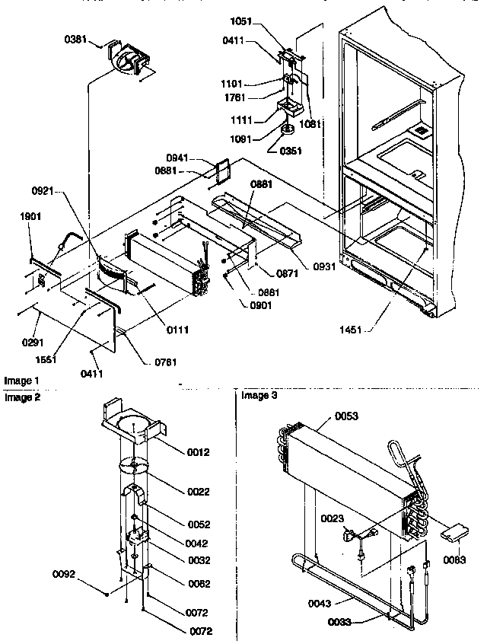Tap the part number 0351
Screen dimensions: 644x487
click(x=290, y=150)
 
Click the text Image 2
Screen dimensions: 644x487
click(x=21, y=397)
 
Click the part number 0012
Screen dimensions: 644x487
click(x=199, y=453)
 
